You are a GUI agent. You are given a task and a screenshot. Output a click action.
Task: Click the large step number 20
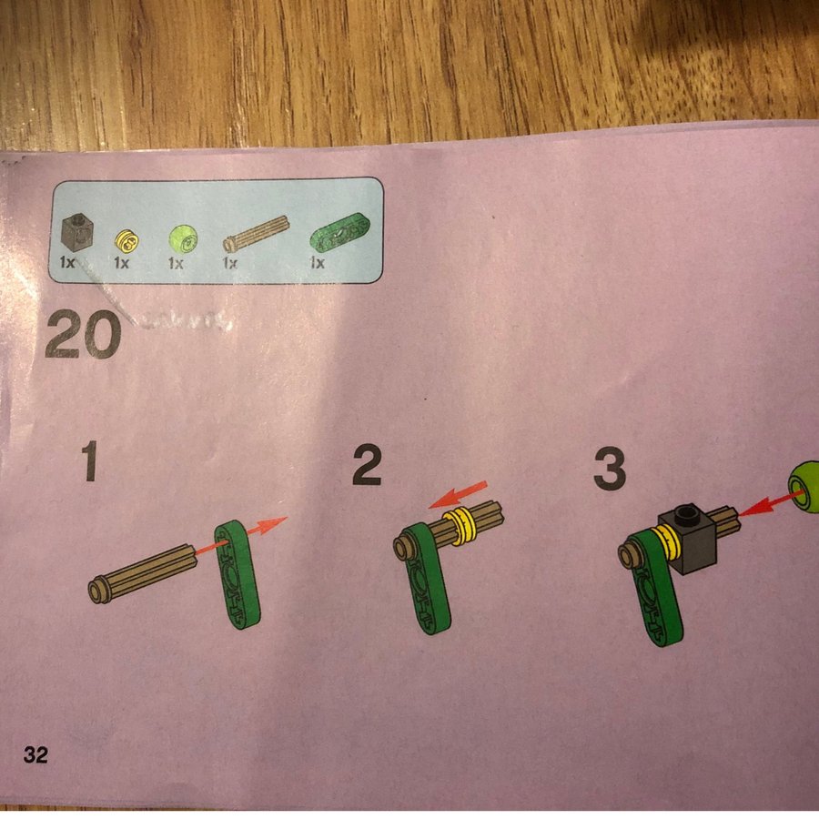tap(84, 334)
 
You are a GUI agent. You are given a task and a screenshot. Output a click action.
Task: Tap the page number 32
tap(35, 754)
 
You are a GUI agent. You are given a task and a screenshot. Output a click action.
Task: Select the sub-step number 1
tap(89, 460)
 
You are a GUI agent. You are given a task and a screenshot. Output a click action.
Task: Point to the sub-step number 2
tap(367, 465)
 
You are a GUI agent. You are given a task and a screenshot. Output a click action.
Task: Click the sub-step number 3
tap(610, 470)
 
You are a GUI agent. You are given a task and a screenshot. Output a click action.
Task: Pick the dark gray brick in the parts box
tap(77, 232)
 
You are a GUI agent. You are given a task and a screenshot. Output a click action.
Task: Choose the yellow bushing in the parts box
tap(126, 241)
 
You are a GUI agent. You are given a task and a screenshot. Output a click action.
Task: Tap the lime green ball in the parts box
tap(183, 239)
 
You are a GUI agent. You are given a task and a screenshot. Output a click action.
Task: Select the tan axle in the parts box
tap(256, 234)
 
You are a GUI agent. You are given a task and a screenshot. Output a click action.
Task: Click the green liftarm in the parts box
tap(339, 232)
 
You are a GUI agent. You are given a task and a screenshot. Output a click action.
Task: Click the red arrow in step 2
tap(458, 494)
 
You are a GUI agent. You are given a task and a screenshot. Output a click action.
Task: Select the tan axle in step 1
tap(143, 573)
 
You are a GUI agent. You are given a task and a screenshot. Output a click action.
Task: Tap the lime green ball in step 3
tap(804, 487)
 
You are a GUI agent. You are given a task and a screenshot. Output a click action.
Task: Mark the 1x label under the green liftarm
tap(317, 262)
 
